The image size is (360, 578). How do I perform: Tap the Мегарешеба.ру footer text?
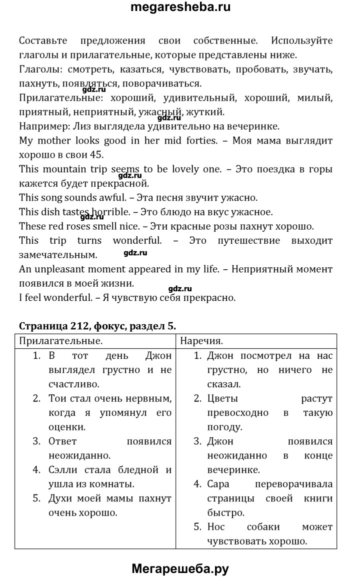[x=180, y=569]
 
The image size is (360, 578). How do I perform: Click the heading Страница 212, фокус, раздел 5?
[x=97, y=326]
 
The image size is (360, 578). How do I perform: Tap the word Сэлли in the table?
[x=63, y=470]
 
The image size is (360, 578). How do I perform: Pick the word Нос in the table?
[x=214, y=527]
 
